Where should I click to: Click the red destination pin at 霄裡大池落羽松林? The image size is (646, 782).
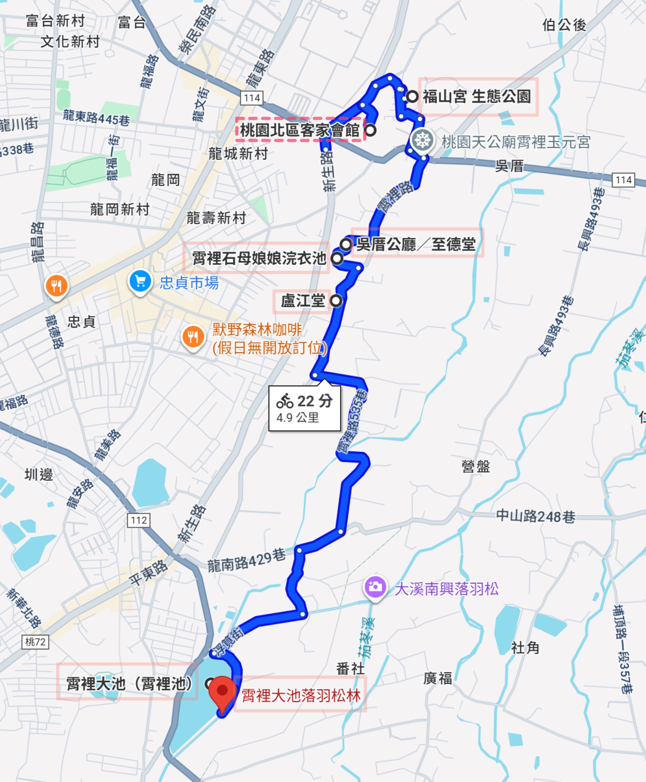point(222,692)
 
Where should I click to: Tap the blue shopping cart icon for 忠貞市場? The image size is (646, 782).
point(140,281)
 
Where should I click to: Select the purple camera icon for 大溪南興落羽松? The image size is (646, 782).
point(375,587)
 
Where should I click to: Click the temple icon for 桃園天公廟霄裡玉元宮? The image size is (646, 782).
point(422,141)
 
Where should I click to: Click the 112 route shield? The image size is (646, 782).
point(139,520)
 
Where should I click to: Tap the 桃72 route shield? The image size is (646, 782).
point(35,642)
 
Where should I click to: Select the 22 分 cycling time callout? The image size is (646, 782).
point(304,408)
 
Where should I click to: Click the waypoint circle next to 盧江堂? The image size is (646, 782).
point(336,301)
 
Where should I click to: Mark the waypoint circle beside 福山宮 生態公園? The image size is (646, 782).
point(412,96)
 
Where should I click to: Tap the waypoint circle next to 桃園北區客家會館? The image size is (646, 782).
point(370,130)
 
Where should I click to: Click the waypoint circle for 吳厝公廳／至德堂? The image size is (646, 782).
point(346,244)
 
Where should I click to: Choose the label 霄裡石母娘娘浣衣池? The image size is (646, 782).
point(259,258)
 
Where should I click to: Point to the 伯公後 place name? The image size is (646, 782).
point(564,25)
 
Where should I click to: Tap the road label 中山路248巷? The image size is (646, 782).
point(536,516)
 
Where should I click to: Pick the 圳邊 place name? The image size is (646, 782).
point(39,475)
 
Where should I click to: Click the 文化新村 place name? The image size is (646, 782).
point(70,41)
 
